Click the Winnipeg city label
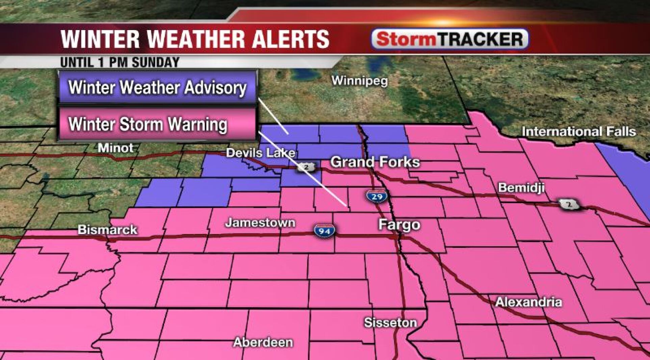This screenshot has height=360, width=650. (x=360, y=81)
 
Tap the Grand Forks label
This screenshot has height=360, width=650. (x=375, y=162)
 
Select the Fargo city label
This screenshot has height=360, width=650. (x=399, y=225)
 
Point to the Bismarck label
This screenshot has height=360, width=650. (x=107, y=230)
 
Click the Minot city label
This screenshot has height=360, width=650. (x=115, y=148)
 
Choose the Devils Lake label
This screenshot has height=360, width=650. (x=260, y=153)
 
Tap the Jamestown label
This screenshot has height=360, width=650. (x=260, y=223)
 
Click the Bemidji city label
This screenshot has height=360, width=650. (x=521, y=188)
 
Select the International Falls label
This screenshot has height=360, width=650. (x=579, y=131)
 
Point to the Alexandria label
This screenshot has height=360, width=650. (x=528, y=302)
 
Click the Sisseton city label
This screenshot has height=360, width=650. (x=390, y=323)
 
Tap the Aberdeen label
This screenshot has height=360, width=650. (x=263, y=342)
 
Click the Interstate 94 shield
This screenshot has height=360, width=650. (x=324, y=231)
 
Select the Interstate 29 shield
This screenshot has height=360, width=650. (x=376, y=196)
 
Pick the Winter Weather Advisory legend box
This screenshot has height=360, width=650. (x=158, y=87)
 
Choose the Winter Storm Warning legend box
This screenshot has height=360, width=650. (x=158, y=124)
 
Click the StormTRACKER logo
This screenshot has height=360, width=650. (x=450, y=39)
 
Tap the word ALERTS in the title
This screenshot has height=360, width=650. (x=291, y=39)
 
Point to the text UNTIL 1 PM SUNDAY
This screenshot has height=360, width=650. (x=120, y=62)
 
